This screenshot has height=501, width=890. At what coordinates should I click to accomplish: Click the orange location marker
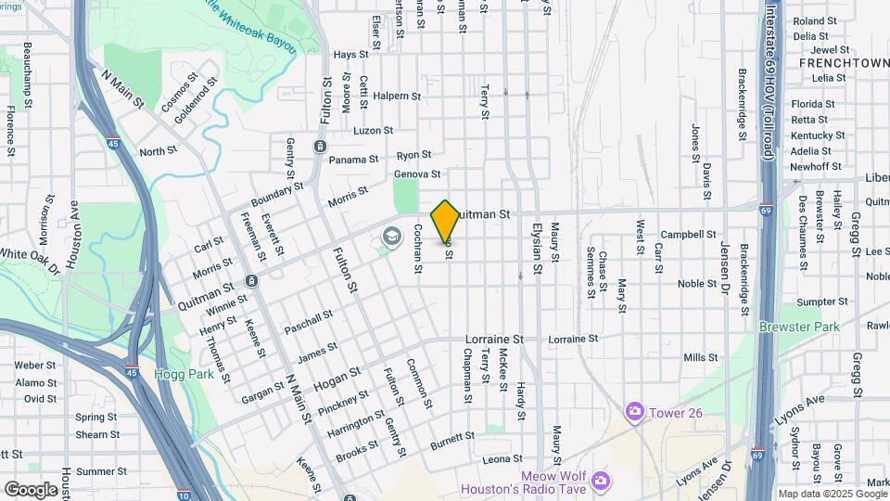click(445, 222)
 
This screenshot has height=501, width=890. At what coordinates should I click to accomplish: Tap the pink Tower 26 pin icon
click(634, 410)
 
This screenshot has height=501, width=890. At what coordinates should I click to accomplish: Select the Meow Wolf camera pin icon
click(601, 480)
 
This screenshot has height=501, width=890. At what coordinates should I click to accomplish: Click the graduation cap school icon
click(391, 238)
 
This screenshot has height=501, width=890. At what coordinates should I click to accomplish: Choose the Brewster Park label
click(798, 327)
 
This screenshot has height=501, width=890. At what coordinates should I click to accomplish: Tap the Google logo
click(31, 489)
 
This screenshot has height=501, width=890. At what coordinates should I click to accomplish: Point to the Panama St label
click(353, 160)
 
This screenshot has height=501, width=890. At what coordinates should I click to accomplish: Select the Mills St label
click(700, 357)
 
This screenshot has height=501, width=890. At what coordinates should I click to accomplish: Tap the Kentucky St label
click(817, 135)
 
